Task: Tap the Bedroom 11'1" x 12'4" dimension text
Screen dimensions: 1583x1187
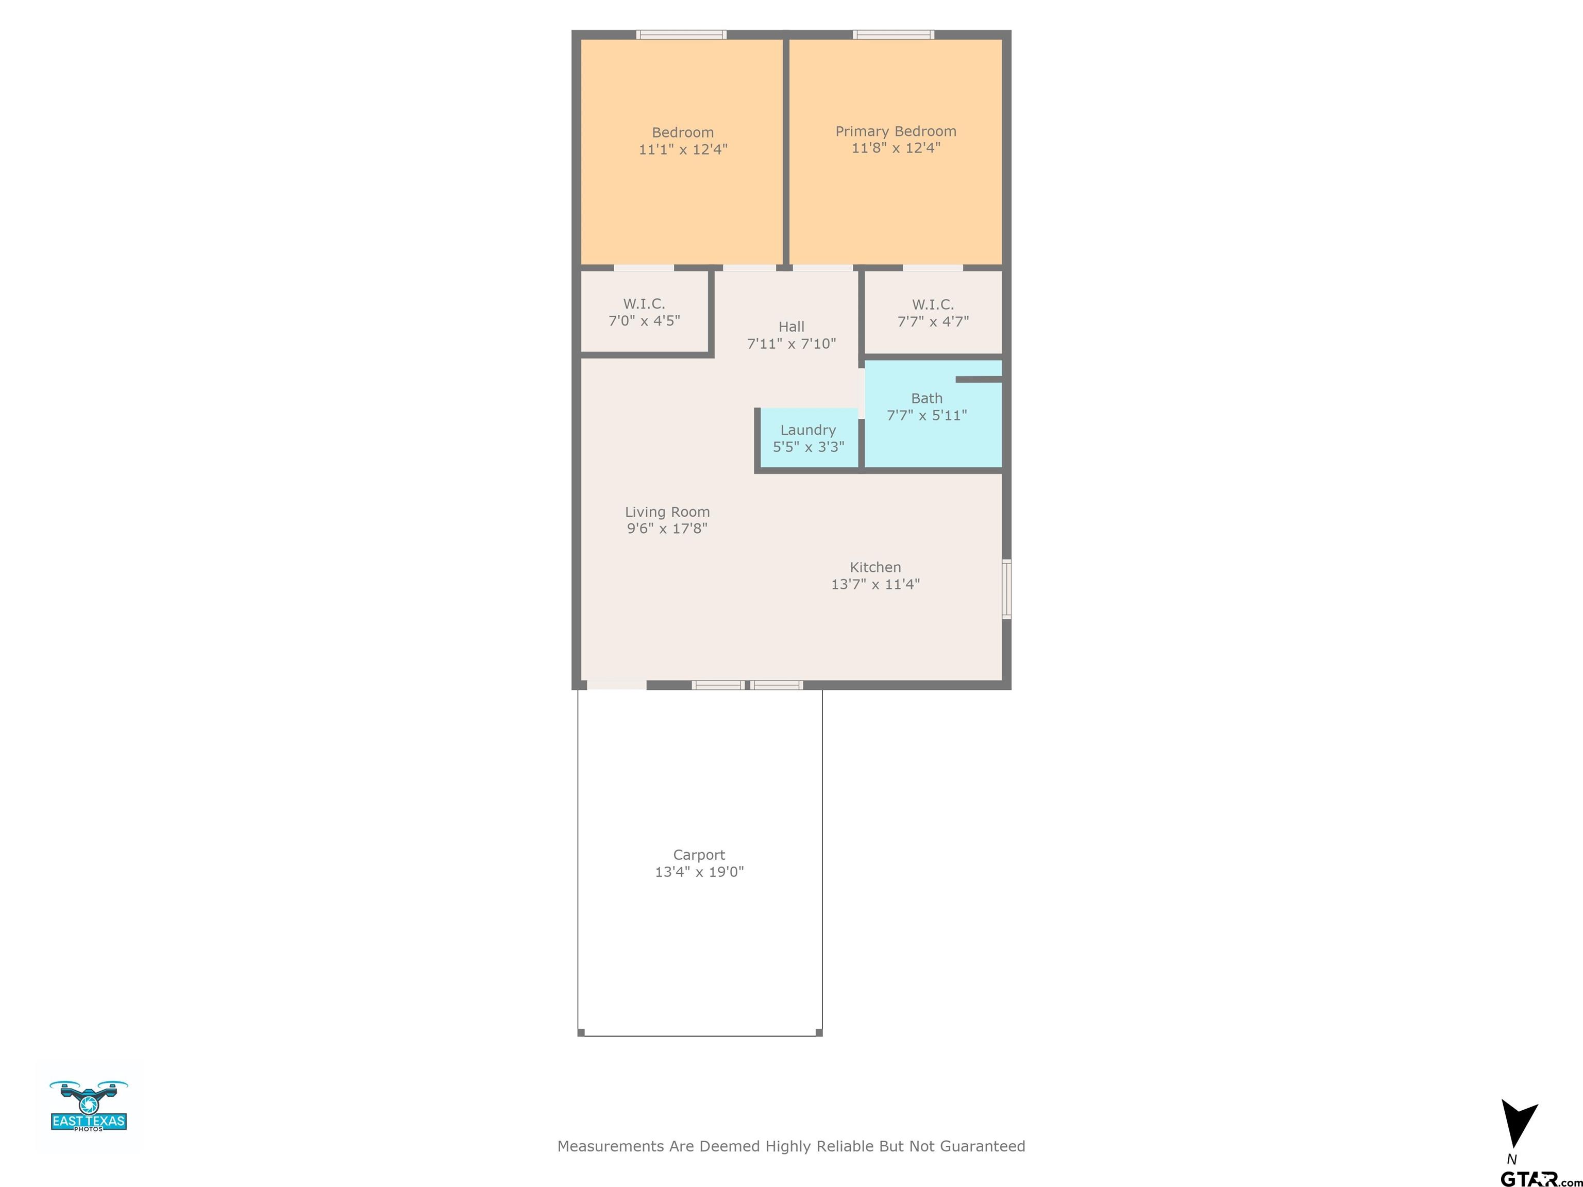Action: coord(683,149)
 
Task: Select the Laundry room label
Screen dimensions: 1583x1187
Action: coord(808,430)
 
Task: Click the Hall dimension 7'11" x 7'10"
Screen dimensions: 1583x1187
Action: coord(791,344)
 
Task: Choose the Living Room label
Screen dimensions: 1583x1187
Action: coord(667,512)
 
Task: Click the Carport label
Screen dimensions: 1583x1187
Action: coord(699,855)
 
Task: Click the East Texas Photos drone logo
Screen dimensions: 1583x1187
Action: coord(89,1106)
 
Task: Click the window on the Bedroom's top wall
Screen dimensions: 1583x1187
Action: coord(682,35)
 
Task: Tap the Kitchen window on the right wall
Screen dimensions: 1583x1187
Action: coord(1006,589)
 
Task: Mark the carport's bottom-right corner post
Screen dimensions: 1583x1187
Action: coord(819,1032)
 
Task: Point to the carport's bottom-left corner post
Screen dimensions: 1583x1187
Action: coord(581,1032)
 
